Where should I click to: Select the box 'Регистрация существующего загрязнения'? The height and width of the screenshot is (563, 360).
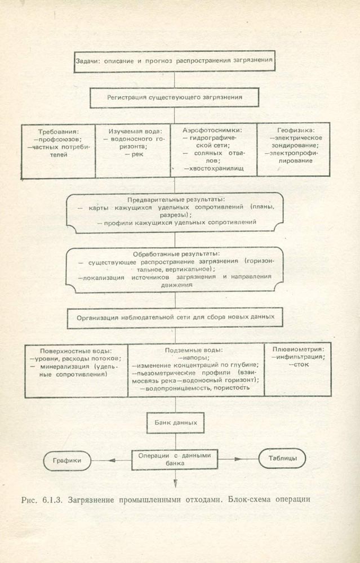click(x=175, y=97)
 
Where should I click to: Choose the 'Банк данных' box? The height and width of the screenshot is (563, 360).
click(x=175, y=421)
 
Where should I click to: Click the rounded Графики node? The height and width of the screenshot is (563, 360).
click(x=68, y=460)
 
